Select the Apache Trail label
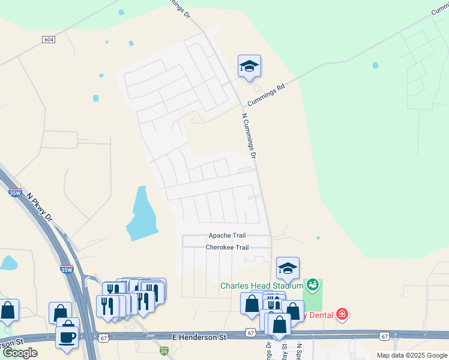(x=227, y=236)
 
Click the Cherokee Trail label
(x=227, y=247)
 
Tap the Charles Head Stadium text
(x=262, y=285)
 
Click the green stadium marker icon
(x=312, y=283)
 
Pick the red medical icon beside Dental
(x=342, y=314)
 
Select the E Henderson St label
(x=199, y=338)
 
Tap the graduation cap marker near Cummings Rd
(x=249, y=66)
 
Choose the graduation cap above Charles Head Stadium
(x=288, y=268)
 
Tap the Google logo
(x=20, y=353)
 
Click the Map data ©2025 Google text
(x=412, y=355)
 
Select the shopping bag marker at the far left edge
(x=7, y=310)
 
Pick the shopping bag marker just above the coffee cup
(x=60, y=313)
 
